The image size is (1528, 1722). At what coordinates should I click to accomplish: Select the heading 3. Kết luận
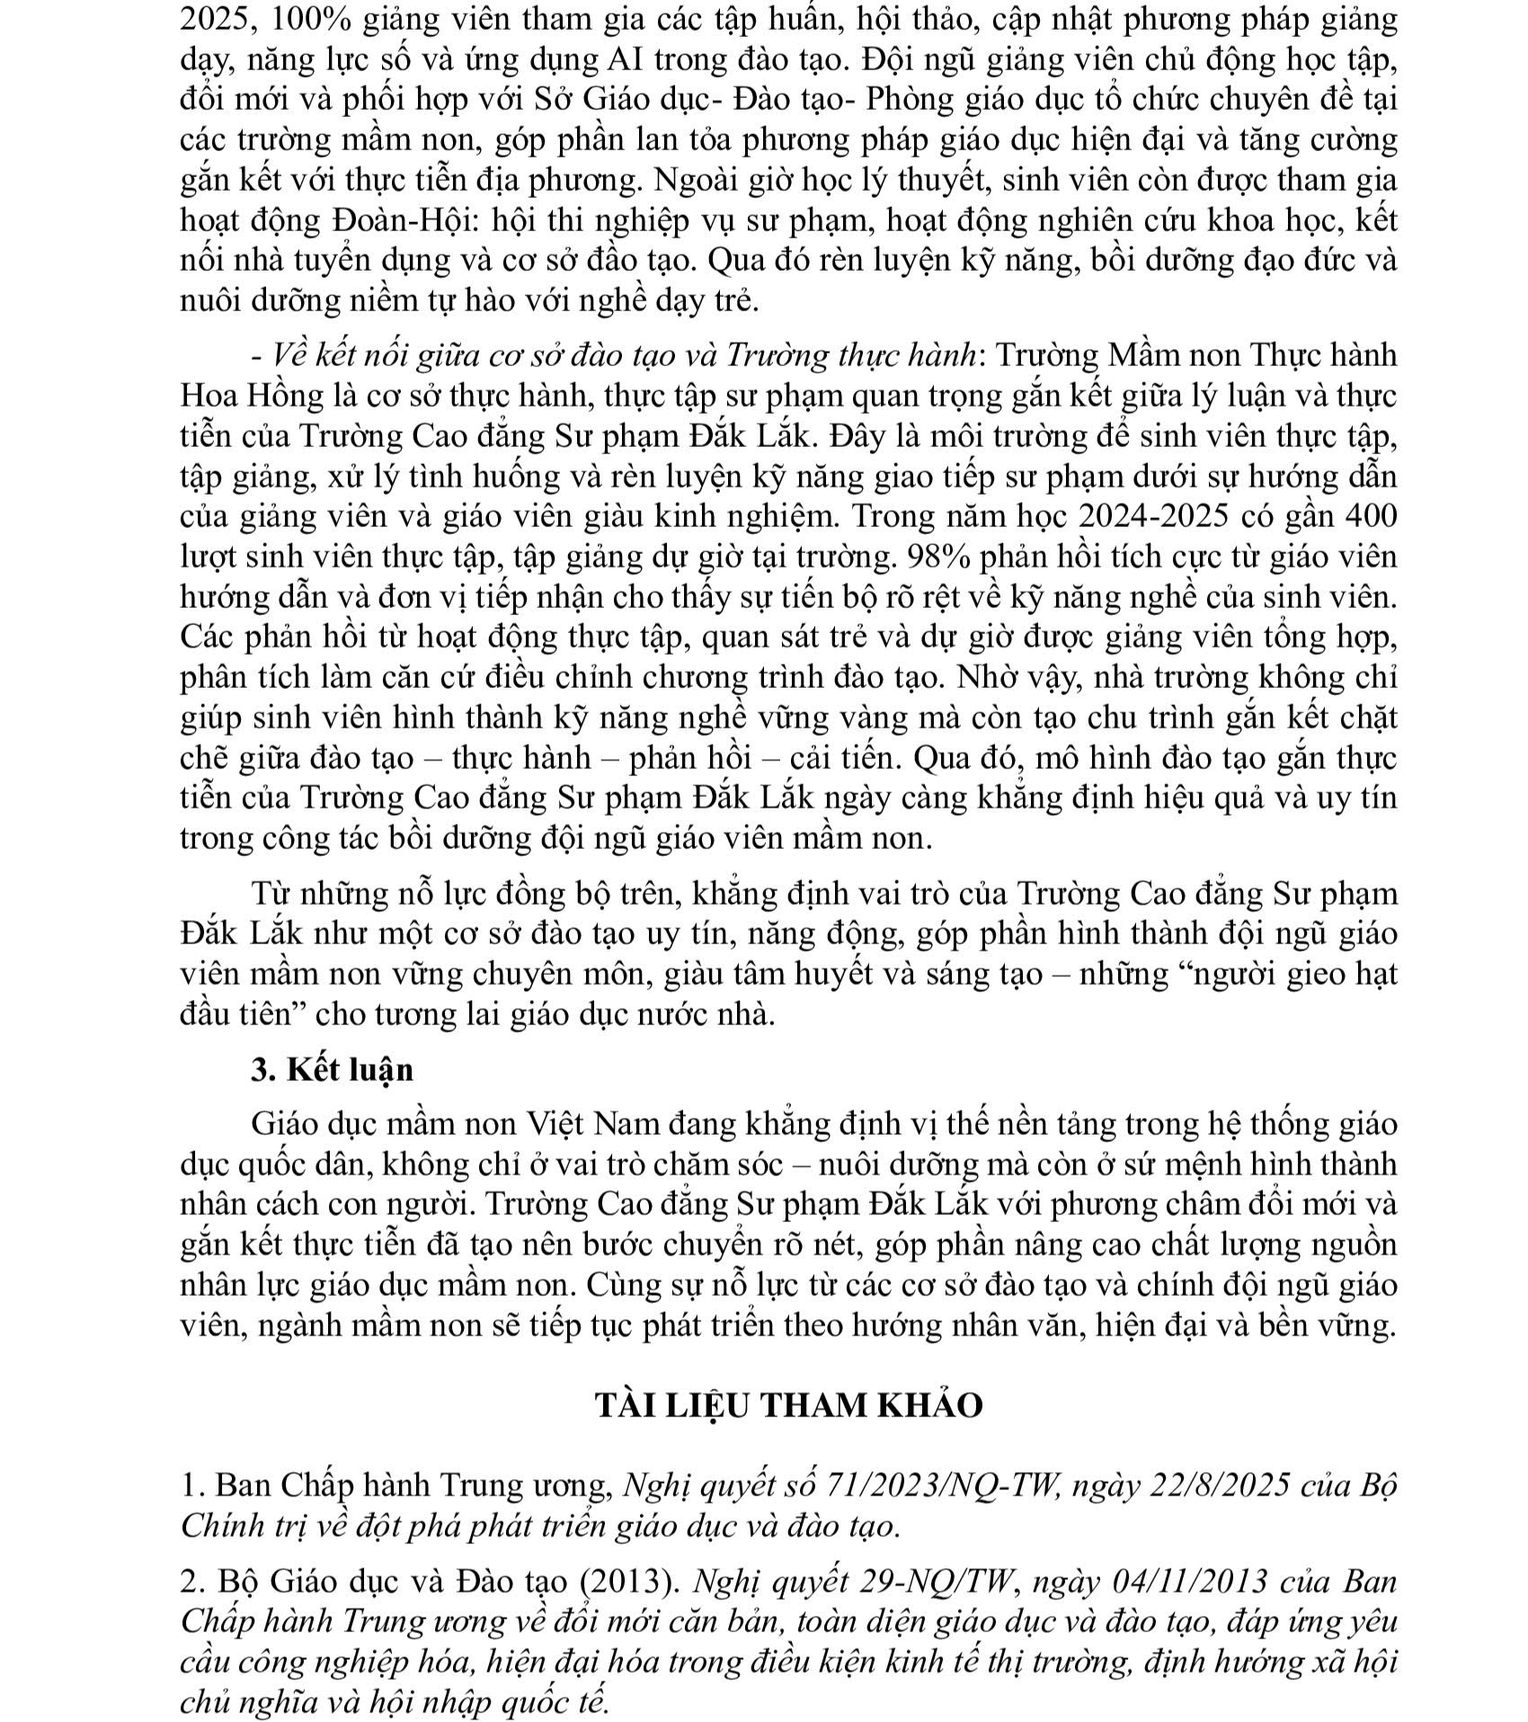(x=333, y=1070)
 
